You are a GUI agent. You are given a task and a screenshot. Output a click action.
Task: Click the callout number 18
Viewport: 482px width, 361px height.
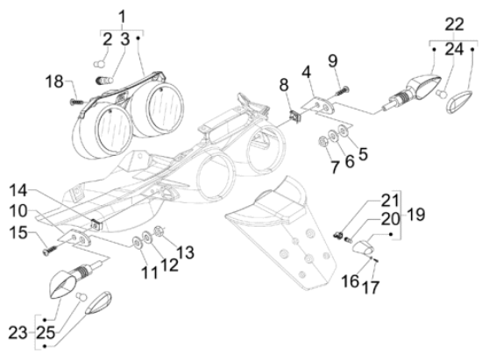pos(54,82)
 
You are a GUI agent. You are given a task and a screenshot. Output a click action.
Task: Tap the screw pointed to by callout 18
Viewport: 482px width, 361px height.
pos(76,102)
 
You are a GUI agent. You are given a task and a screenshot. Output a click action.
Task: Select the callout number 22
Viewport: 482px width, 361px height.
pos(454,24)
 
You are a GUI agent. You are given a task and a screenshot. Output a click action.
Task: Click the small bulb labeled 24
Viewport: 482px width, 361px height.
pos(442,94)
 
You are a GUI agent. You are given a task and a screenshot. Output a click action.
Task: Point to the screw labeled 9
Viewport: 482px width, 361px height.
pos(343,89)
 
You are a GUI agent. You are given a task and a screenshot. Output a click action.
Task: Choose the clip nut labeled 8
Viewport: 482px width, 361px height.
pos(295,117)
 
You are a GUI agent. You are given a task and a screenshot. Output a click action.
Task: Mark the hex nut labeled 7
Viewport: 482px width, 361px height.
pos(323,141)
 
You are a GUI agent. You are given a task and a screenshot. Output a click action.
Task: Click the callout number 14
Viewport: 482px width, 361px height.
pos(18,190)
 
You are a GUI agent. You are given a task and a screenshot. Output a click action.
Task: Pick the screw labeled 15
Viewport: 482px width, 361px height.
pos(50,250)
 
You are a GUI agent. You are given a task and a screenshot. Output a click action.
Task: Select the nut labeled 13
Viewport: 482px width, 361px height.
pos(159,231)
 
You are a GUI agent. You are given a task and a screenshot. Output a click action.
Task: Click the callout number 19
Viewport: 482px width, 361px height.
pos(416,214)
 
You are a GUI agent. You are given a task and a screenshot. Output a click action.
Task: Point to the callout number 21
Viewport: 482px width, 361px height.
pos(390,201)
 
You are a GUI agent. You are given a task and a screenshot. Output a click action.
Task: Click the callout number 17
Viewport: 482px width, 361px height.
pos(371,287)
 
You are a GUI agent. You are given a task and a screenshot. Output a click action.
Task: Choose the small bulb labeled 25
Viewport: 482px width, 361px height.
pos(82,297)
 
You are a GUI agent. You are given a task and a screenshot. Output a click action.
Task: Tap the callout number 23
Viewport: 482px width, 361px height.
pos(18,333)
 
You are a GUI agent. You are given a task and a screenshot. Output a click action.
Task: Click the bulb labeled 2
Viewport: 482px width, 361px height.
pos(99,64)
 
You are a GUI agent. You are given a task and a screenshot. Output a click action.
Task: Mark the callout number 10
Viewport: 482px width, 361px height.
pos(18,211)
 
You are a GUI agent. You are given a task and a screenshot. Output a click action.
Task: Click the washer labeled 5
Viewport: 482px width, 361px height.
pos(342,131)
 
